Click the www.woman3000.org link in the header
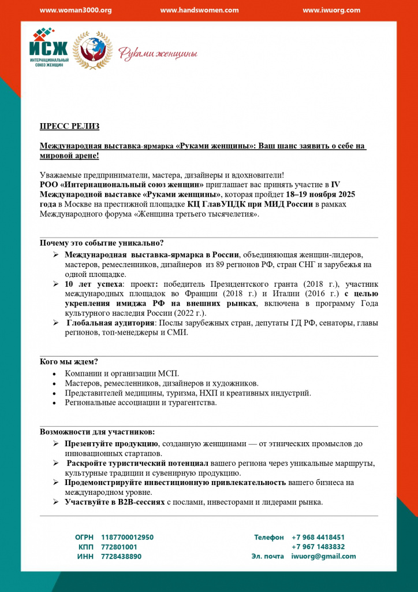[76, 10]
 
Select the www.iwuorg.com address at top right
[331, 10]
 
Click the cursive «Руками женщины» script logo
[158, 54]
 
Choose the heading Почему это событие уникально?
[102, 243]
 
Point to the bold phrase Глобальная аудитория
[110, 323]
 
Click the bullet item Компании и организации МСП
[114, 373]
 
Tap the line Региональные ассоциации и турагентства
[141, 402]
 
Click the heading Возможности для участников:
[97, 432]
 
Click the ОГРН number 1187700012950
[128, 537]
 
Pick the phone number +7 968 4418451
[318, 537]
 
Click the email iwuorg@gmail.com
[323, 556]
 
